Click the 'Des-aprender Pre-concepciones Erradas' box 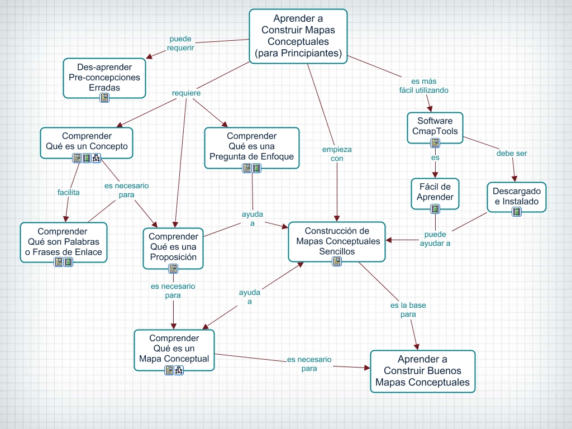(104, 78)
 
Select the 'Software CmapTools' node (435, 126)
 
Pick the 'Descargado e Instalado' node (517, 196)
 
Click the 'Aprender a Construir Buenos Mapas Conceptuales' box (422, 371)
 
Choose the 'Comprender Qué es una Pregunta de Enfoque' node (251, 146)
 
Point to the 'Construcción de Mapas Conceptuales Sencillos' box (336, 241)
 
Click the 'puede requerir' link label (180, 44)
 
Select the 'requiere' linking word (186, 93)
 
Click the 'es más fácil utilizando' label (423, 85)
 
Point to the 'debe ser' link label (511, 153)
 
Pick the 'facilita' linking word (68, 192)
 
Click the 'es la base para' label (408, 310)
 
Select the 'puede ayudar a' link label (435, 239)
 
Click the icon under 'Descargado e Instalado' (517, 211)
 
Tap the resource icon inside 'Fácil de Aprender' (435, 209)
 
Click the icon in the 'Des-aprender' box (104, 98)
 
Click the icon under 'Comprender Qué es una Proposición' (173, 269)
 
